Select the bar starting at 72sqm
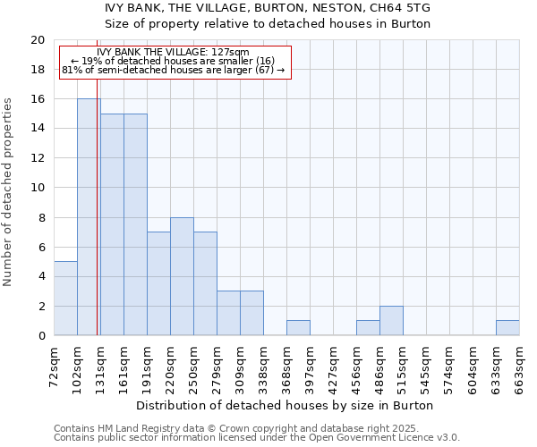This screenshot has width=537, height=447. click(x=65, y=299)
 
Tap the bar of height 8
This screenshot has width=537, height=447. click(x=182, y=276)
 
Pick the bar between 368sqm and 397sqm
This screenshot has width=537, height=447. click(x=298, y=328)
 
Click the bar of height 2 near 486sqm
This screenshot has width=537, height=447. click(x=391, y=321)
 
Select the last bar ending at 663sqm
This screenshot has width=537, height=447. click(x=507, y=328)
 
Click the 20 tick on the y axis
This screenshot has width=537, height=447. click(x=37, y=40)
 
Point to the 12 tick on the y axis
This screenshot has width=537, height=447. click(x=37, y=158)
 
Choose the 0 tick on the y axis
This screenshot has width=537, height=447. click(x=41, y=336)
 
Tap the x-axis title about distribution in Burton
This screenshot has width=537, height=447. click(x=286, y=405)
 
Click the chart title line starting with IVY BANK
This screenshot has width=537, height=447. click(x=268, y=8)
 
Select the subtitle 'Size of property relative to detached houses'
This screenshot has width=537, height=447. click(x=268, y=24)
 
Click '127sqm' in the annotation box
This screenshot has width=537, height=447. click(x=231, y=52)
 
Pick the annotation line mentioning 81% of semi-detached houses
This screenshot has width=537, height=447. click(x=173, y=70)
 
